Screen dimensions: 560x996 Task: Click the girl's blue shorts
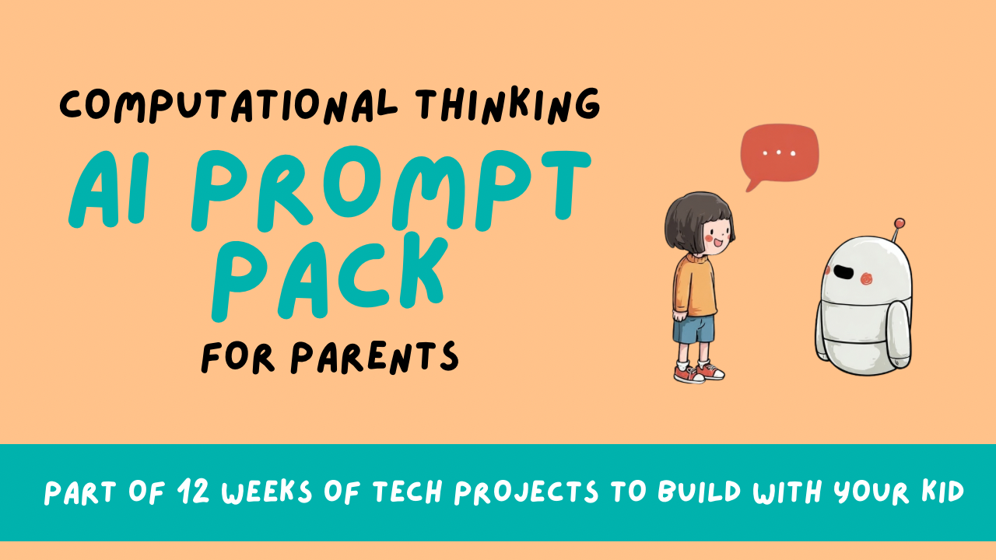click(693, 327)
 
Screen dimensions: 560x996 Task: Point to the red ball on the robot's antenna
click(900, 223)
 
